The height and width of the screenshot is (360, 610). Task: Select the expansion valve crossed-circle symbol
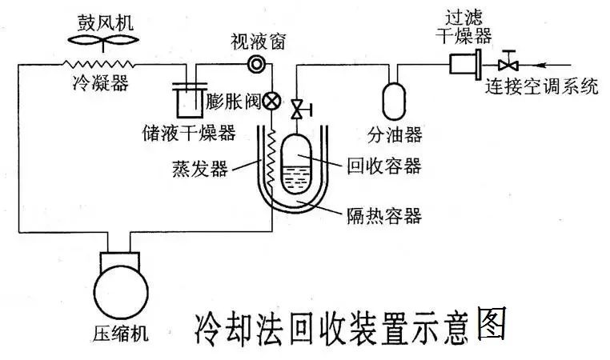pyautogui.click(x=271, y=102)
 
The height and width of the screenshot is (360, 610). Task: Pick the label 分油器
pyautogui.click(x=394, y=132)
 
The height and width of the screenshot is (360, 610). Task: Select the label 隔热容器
pyautogui.click(x=383, y=214)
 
